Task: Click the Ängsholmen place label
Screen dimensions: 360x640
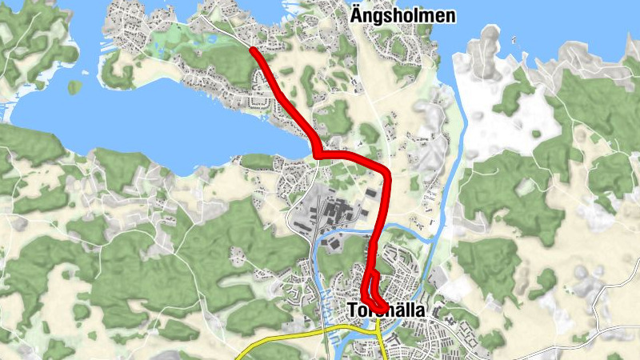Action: (x=402, y=15)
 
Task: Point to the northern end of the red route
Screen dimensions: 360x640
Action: (x=253, y=50)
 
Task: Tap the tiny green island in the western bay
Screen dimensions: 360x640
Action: (x=74, y=86)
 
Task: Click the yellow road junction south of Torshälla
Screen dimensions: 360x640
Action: (x=376, y=328)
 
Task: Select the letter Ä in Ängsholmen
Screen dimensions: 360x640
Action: (x=356, y=14)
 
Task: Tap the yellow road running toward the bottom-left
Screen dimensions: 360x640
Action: (x=272, y=340)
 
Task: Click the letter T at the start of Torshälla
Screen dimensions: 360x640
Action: (x=354, y=310)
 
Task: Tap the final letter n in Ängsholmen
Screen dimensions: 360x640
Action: (x=450, y=15)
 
